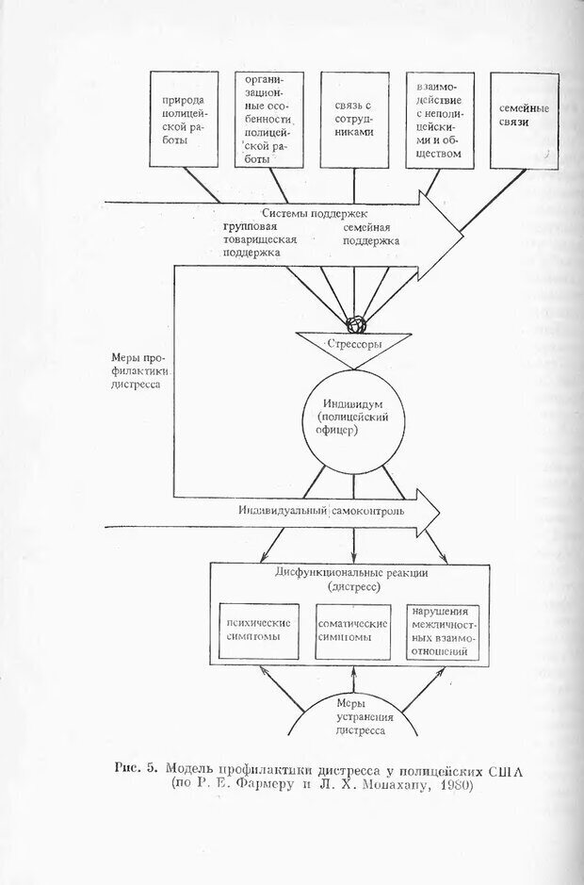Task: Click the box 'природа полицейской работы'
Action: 184,120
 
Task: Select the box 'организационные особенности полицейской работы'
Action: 268,120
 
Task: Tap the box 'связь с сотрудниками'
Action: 353,120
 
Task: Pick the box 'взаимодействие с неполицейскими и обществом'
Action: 439,120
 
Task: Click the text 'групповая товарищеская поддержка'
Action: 259,239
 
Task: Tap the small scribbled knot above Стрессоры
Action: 355,325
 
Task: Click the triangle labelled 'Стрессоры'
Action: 354,345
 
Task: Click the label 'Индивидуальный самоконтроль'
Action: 322,512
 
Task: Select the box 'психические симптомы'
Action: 258,631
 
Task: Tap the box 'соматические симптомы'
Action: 353,631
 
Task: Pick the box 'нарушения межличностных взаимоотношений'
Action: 441,631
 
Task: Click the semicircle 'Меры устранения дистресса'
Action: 354,716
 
